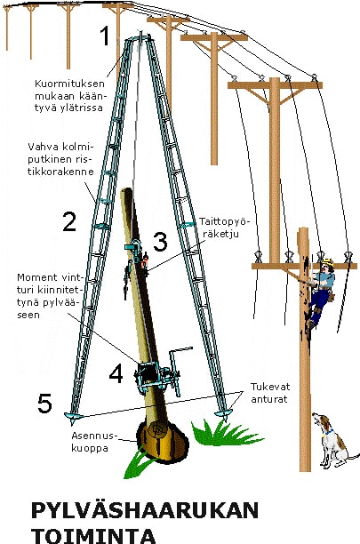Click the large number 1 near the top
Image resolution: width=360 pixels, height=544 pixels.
pos(105,36)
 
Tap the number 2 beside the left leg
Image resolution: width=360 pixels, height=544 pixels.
pos(69,221)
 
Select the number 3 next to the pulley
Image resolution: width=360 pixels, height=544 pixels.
pos(160,242)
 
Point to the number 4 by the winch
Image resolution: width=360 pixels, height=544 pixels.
pos(116,373)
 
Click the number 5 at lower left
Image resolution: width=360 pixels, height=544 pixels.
pos(44,404)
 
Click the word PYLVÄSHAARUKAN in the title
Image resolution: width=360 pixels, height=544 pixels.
pos(145,510)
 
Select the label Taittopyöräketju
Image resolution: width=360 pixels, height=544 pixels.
pos(224,228)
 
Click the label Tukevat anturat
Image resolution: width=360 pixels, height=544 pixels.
pos(270,393)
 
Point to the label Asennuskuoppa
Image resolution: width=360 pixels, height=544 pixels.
pos(94,441)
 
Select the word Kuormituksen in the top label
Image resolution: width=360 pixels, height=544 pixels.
pos(69,84)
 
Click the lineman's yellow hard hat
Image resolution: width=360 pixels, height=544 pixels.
pos(327,262)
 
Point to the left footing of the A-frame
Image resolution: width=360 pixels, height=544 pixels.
pos(73,417)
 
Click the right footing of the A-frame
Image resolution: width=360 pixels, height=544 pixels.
pos(223,414)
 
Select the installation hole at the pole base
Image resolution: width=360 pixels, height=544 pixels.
pos(163,441)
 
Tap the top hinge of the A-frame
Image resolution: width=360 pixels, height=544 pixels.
pos(140,37)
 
